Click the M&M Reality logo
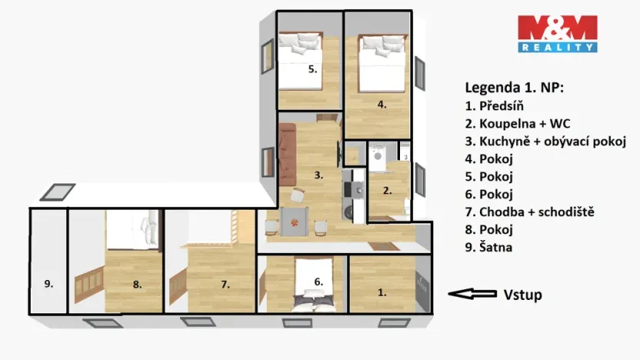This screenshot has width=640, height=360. [557, 34]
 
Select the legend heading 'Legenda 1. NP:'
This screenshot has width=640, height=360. [514, 88]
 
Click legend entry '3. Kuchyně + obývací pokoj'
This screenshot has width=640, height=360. [545, 141]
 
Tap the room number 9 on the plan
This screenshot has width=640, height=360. [48, 284]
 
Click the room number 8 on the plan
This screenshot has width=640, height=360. [137, 284]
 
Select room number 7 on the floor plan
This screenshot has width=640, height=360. [225, 284]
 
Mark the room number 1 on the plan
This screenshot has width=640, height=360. [382, 292]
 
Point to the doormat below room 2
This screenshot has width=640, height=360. [382, 246]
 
